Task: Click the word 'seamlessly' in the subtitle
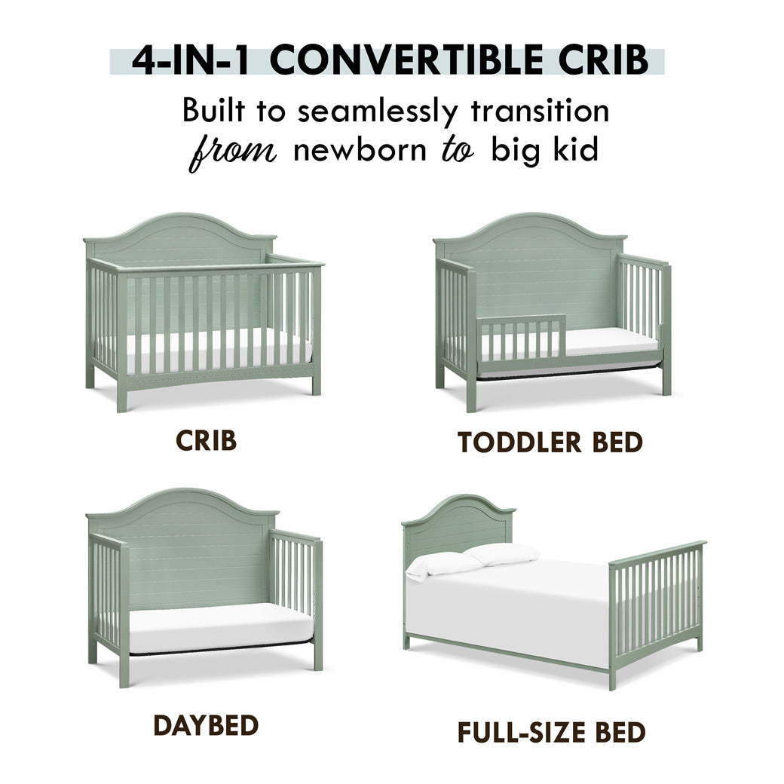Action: click(378, 112)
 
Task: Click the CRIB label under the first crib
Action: click(206, 440)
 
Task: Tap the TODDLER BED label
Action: click(550, 442)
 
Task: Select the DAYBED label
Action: click(206, 725)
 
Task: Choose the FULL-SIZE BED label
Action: click(551, 733)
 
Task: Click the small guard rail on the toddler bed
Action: click(522, 338)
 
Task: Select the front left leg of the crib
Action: click(122, 390)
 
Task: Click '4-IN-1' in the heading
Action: click(189, 60)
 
